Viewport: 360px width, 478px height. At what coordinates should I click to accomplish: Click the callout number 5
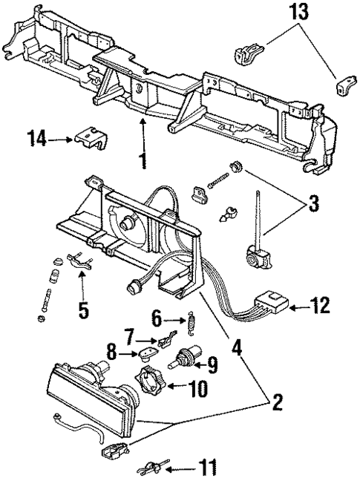click(x=84, y=308)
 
